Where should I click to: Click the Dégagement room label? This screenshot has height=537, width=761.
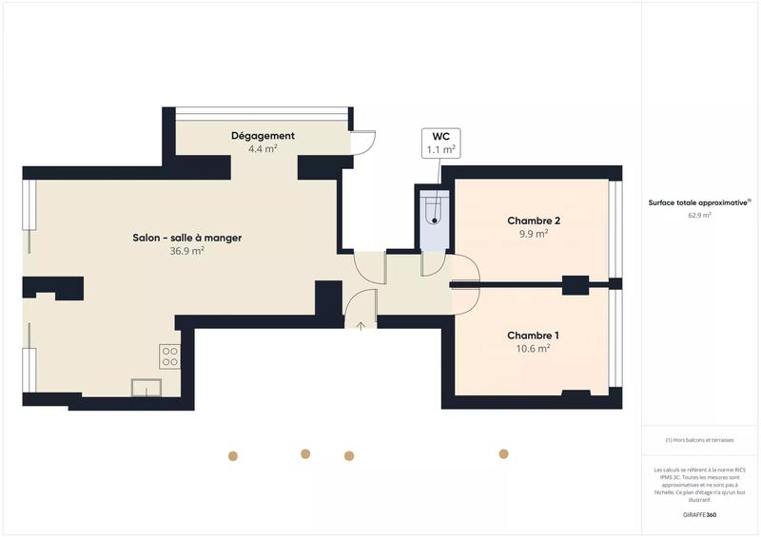263,136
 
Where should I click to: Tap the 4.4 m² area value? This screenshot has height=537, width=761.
263,149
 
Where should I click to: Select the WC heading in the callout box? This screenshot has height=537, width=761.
439,136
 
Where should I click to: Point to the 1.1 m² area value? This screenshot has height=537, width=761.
439,149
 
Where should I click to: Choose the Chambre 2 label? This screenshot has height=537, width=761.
533,221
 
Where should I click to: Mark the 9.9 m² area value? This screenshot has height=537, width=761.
533,234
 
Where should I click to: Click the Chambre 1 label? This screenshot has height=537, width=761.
533,336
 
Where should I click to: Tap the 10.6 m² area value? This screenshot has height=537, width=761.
533,349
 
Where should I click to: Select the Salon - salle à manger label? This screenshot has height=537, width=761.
181,238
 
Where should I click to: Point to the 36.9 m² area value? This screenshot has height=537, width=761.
181,251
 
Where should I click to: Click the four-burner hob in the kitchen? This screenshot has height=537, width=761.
169,356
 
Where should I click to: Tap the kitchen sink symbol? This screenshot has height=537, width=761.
146,387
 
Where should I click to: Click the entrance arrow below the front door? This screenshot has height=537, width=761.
361,327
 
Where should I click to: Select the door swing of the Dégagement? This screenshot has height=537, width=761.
363,141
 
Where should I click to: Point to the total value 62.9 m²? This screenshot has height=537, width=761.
699,216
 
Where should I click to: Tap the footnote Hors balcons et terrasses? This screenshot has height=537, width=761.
699,440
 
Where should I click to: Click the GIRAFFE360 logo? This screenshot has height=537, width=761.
699,514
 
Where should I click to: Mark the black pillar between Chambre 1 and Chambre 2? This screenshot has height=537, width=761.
576,283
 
